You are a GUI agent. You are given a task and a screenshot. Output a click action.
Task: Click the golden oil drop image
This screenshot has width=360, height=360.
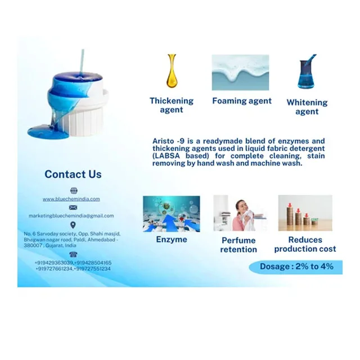pyautogui.click(x=172, y=71)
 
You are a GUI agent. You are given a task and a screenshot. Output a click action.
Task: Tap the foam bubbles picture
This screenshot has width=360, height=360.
pyautogui.click(x=240, y=73)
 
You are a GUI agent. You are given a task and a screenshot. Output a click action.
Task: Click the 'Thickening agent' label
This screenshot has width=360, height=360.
pyautogui.click(x=172, y=105)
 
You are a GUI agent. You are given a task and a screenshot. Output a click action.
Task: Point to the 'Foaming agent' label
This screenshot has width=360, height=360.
pyautogui.click(x=242, y=101)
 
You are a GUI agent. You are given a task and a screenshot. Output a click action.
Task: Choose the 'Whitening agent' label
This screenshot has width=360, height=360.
pyautogui.click(x=307, y=107)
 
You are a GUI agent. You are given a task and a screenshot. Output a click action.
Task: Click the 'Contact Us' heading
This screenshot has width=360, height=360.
pyautogui.click(x=73, y=174)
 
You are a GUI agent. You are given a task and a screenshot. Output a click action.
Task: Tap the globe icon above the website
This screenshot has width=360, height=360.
pyautogui.click(x=73, y=191)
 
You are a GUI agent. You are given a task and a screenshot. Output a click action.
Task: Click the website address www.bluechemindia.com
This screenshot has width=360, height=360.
pyautogui.click(x=71, y=199)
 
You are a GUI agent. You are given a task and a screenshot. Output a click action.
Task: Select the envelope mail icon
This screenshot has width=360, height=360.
pyautogui.click(x=73, y=208)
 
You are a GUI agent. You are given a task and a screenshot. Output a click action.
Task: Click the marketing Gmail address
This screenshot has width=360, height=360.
pyautogui.click(x=71, y=215)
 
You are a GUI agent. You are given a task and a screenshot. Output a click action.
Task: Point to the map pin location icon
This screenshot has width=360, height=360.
pyautogui.click(x=73, y=225)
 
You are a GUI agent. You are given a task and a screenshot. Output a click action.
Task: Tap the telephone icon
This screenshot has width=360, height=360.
pyautogui.click(x=73, y=254)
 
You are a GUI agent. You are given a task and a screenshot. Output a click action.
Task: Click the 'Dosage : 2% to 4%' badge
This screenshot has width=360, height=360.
pyautogui.click(x=296, y=267)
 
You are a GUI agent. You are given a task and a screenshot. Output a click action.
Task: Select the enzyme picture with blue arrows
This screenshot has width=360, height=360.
pyautogui.click(x=172, y=214)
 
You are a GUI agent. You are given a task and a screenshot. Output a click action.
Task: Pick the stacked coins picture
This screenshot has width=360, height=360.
pyautogui.click(x=305, y=213)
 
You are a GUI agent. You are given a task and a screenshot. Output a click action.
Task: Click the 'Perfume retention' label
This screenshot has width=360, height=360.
pyautogui.click(x=238, y=245)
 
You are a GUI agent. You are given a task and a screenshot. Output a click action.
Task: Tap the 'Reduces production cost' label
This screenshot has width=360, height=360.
pyautogui.click(x=305, y=244)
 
